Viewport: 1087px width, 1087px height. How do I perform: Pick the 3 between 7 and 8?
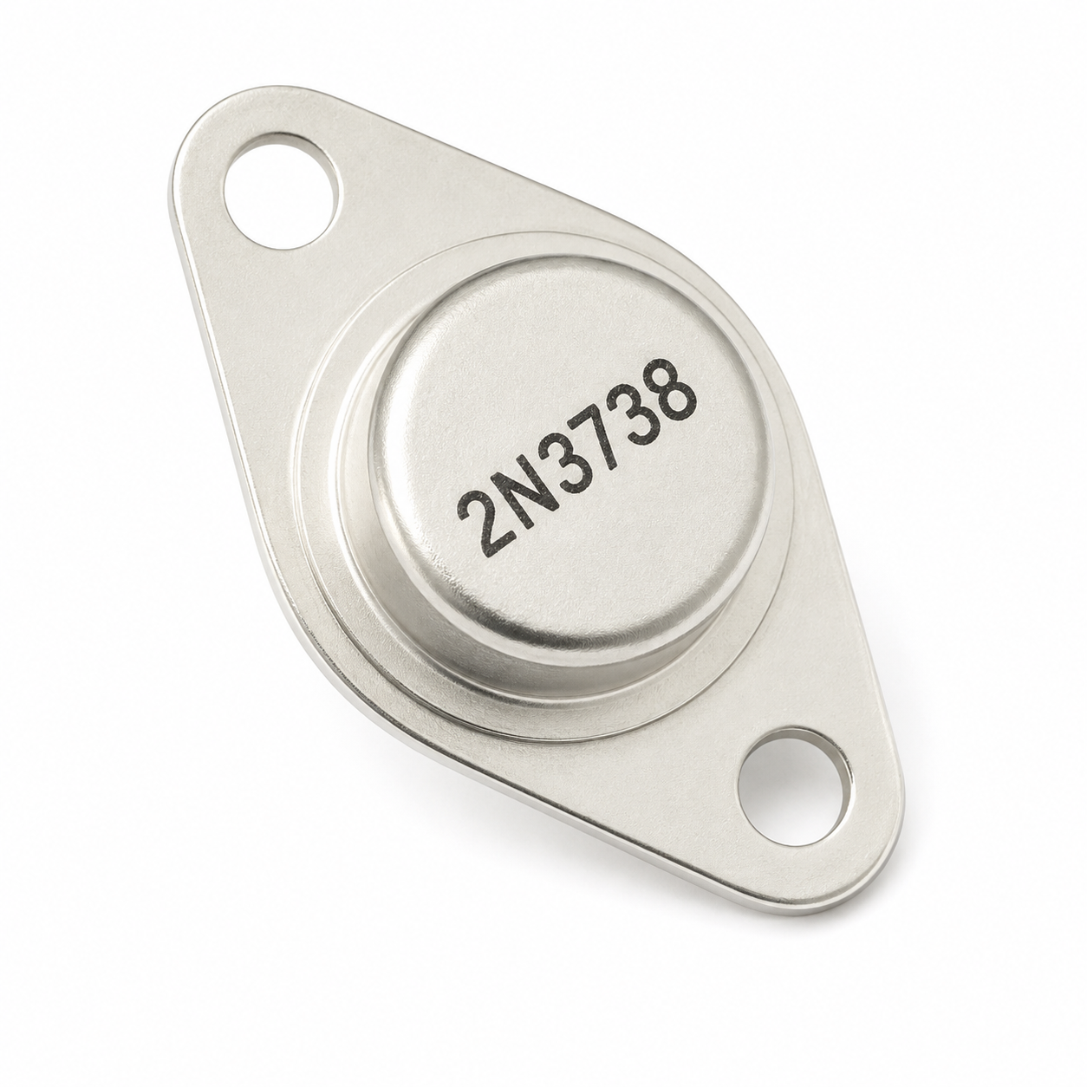pos(636,399)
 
